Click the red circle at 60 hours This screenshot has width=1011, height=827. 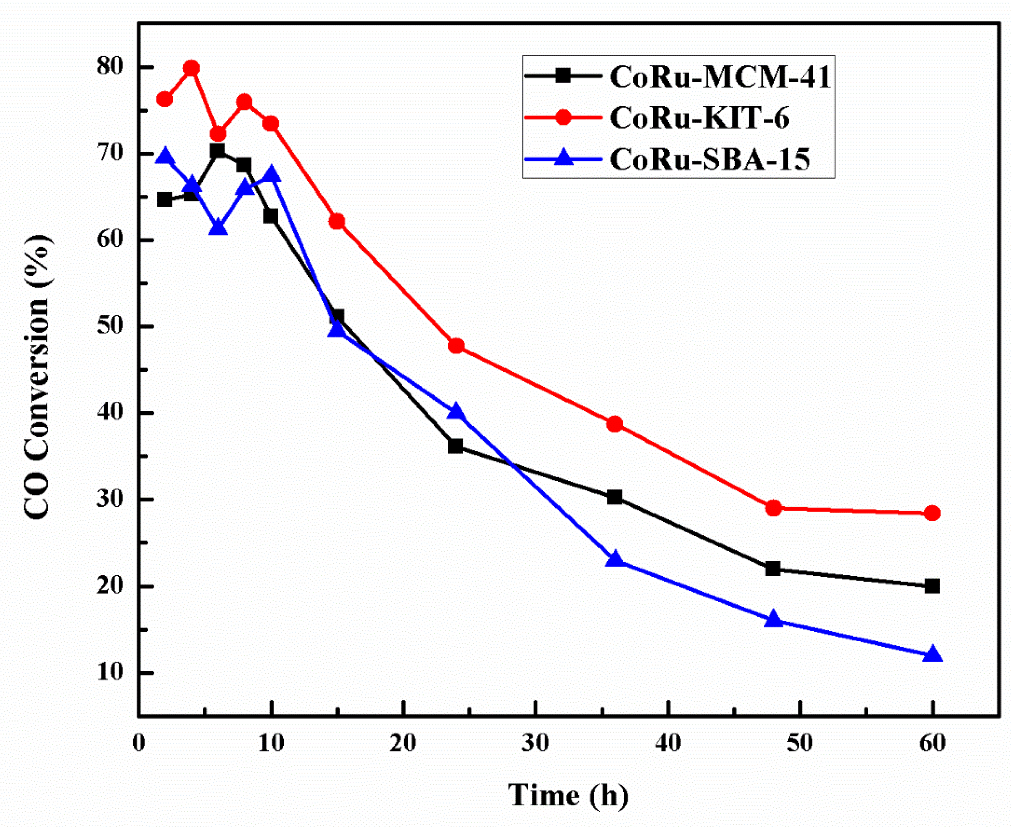(x=932, y=513)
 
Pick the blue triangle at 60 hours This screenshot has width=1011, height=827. (x=932, y=655)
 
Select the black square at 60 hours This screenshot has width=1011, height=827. (x=932, y=586)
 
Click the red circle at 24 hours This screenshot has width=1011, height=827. (x=456, y=346)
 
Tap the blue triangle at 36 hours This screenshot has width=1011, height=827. (x=615, y=559)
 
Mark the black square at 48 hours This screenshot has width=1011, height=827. (x=773, y=569)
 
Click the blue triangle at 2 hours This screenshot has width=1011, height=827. (x=165, y=156)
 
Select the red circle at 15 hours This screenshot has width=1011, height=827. (x=337, y=221)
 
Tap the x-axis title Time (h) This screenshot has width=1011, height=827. (x=568, y=794)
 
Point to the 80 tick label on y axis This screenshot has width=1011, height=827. (x=111, y=67)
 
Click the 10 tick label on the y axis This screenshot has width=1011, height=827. (x=111, y=673)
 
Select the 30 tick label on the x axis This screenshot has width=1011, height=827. (x=536, y=743)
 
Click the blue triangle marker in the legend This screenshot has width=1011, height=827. (x=563, y=158)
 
